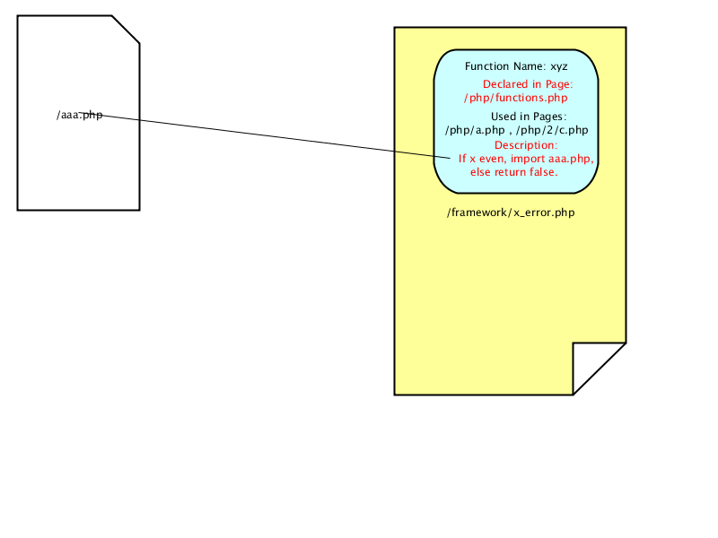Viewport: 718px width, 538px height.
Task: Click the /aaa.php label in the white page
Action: point(80,115)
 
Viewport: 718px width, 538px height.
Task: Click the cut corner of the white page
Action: point(126,30)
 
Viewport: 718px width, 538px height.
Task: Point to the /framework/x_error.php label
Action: point(511,213)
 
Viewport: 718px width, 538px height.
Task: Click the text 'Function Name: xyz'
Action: point(516,66)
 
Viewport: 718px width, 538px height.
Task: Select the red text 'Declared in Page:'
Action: point(528,84)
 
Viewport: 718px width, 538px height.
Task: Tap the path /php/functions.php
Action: point(515,98)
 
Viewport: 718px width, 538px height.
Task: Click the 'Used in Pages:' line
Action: point(529,117)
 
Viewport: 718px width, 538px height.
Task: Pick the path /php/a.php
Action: point(475,130)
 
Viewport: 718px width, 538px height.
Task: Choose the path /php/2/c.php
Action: point(552,130)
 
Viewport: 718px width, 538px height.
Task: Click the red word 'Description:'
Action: point(526,145)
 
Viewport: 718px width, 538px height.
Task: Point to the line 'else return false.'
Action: point(513,172)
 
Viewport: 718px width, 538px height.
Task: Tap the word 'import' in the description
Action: point(528,159)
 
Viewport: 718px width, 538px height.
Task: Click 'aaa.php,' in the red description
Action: point(571,159)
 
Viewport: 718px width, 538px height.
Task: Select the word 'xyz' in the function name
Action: point(559,66)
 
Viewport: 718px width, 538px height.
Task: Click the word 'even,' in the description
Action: point(493,159)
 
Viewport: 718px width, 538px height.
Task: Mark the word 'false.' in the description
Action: point(544,172)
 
